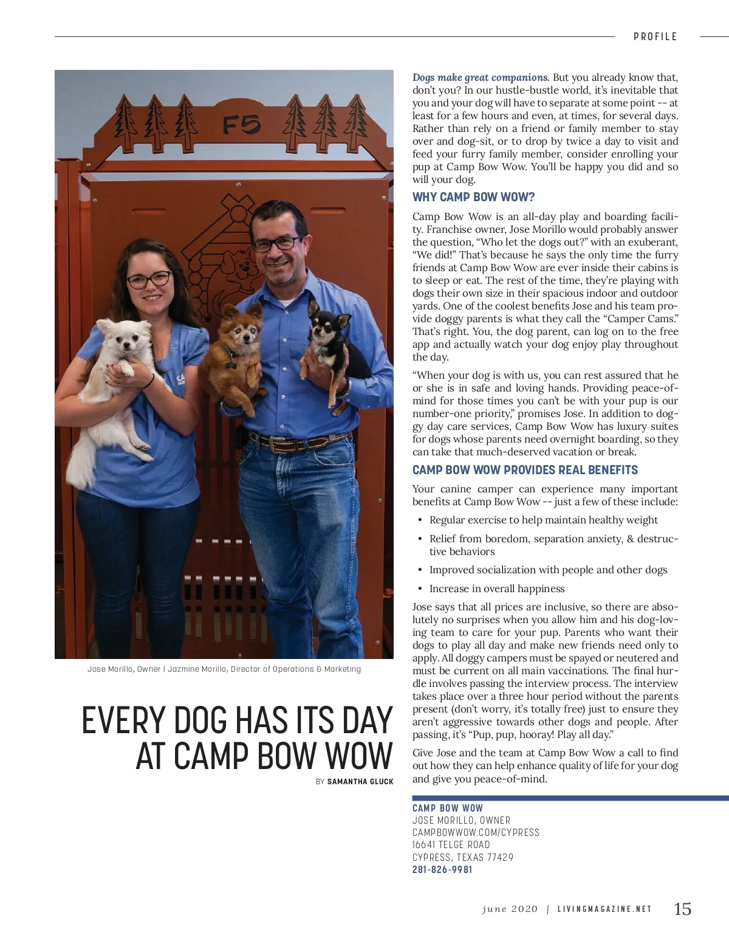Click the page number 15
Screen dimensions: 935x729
click(682, 908)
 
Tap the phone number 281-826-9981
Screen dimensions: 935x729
click(442, 869)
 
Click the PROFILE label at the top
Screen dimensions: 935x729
click(655, 36)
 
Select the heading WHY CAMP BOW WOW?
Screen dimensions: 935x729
click(473, 197)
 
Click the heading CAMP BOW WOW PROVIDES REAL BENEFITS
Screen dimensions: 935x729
click(525, 470)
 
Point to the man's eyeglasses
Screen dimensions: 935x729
click(276, 244)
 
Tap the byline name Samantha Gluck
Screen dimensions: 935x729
click(360, 781)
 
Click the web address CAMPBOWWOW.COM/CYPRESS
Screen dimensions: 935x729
click(476, 832)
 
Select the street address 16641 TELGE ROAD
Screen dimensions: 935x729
click(451, 844)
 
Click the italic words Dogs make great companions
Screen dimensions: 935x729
click(481, 77)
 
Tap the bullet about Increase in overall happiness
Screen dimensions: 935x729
click(497, 588)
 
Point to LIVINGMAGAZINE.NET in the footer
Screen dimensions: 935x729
click(604, 909)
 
